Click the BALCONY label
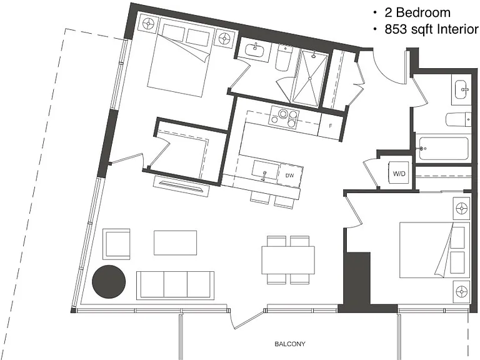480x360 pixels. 290,344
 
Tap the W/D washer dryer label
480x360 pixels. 399,174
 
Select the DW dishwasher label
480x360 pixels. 289,176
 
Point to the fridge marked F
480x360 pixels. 331,126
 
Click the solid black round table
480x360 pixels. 109,281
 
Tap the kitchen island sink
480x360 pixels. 265,169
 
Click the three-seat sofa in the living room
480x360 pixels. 175,285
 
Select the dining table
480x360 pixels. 288,260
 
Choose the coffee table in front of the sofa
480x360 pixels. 175,242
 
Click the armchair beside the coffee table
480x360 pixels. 116,244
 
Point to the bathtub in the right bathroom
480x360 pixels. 444,149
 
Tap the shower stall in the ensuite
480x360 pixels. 310,79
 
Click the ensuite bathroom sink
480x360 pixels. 254,50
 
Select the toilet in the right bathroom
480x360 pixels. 458,119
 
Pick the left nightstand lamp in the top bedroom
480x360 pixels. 149,23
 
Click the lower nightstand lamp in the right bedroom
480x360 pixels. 461,291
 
